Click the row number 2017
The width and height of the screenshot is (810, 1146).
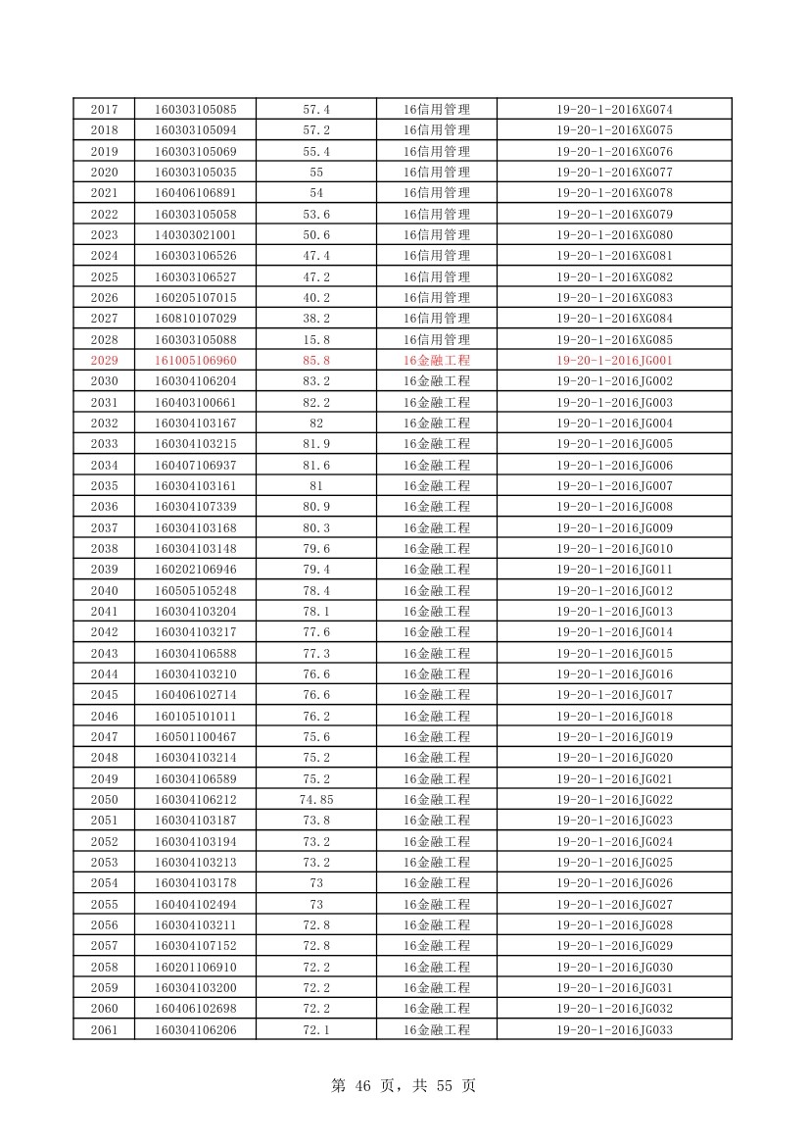pos(104,109)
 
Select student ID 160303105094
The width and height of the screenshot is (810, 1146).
pos(195,130)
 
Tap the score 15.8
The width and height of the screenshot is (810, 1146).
pos(316,339)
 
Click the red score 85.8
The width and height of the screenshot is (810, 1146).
pos(316,360)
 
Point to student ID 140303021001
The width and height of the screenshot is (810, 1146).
pos(195,235)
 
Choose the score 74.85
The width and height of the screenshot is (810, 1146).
pos(316,799)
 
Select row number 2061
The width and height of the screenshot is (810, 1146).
pos(104,1029)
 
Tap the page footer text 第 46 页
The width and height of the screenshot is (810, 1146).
pos(368,1086)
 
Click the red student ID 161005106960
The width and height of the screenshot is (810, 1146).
pos(195,360)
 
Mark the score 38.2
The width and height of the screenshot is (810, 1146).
pos(316,319)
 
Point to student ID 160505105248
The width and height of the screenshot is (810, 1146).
pos(195,590)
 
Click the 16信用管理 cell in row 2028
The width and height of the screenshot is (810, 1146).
pos(437,339)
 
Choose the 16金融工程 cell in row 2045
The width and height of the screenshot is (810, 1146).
pos(437,695)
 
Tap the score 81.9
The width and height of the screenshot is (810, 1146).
pos(316,444)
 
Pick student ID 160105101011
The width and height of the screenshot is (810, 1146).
pos(195,716)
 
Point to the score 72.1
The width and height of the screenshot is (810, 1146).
pos(316,1029)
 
